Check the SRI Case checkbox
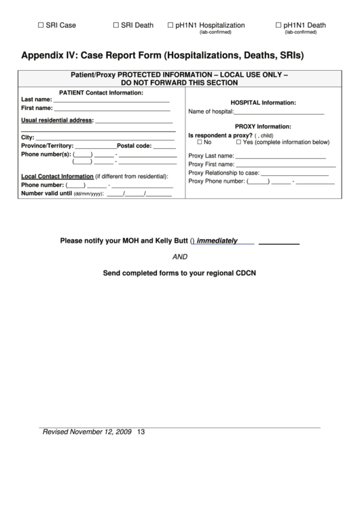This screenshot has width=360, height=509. [40, 25]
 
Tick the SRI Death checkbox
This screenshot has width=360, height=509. [116, 25]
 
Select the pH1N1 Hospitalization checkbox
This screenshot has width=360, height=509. [170, 25]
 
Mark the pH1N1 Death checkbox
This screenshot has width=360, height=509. [278, 25]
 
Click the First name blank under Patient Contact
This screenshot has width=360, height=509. [111, 109]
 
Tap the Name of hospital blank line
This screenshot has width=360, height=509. [278, 112]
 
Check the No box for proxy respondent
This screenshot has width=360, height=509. [200, 143]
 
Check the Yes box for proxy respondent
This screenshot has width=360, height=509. [238, 143]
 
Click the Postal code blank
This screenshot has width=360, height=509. [164, 147]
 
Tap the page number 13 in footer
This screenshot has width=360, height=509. [141, 432]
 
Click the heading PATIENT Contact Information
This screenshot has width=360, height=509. [101, 92]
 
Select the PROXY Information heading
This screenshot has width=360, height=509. [263, 126]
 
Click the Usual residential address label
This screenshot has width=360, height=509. [57, 121]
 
